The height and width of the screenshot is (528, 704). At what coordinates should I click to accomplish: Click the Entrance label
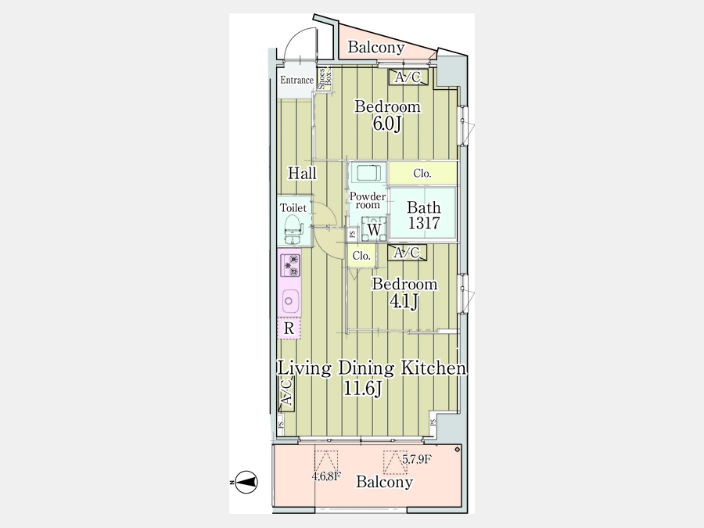click(x=296, y=80)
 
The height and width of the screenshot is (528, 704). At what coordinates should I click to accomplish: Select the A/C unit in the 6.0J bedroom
click(x=408, y=77)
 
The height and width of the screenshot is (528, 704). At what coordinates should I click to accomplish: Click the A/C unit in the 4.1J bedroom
click(x=407, y=253)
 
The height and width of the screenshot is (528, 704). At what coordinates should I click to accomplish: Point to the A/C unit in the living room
click(x=286, y=393)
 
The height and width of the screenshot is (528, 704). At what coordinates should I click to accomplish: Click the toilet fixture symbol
click(x=292, y=229)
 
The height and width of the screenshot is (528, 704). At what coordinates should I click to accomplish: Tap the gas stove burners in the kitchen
click(x=290, y=265)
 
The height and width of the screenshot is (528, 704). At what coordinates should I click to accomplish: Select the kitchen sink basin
click(x=289, y=301)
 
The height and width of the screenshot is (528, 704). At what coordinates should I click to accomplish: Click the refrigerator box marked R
click(x=289, y=329)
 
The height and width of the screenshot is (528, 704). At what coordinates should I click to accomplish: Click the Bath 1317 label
click(x=424, y=215)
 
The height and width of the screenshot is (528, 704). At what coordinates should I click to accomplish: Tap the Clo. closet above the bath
click(x=422, y=173)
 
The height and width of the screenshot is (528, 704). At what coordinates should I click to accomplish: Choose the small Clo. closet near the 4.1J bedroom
click(x=361, y=256)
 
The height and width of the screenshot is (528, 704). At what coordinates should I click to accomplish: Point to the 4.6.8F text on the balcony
click(x=326, y=476)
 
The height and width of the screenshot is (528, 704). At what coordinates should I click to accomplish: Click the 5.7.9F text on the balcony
click(x=417, y=459)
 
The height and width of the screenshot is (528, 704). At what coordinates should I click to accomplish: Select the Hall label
click(x=302, y=173)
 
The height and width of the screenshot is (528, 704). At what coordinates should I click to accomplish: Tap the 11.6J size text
click(x=363, y=388)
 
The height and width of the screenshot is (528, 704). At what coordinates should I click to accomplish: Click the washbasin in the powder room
click(x=368, y=172)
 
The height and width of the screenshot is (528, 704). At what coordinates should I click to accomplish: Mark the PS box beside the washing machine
click(x=353, y=234)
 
